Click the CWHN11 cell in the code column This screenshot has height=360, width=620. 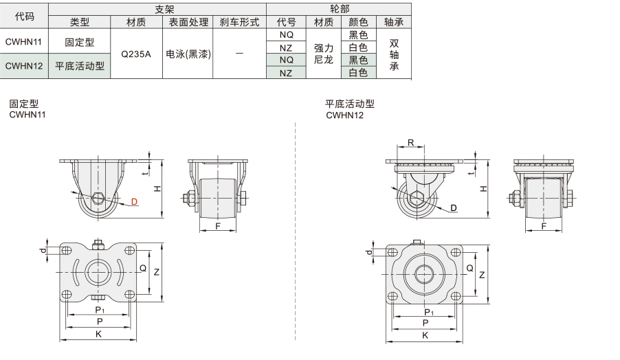24,42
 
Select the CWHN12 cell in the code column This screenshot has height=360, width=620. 24,65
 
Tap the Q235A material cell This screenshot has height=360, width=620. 136,54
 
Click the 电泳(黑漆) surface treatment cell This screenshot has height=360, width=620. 188,54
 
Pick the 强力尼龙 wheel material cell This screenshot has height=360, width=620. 324,54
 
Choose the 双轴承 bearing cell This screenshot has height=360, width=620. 394,54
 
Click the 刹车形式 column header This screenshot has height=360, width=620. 240,22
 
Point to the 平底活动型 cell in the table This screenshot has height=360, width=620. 80,66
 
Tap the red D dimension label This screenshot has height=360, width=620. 135,201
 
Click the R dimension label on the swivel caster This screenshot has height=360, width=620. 411,142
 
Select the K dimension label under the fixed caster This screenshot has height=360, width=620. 98,334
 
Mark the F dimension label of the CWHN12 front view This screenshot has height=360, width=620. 544,226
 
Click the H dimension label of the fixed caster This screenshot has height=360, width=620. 157,188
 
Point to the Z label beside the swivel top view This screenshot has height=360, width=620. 482,275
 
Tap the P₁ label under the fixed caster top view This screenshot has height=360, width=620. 100,309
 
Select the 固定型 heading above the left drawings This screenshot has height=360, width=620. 24,104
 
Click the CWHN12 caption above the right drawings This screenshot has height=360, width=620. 345,115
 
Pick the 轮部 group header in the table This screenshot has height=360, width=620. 340,9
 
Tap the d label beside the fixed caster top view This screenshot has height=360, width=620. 43,250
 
